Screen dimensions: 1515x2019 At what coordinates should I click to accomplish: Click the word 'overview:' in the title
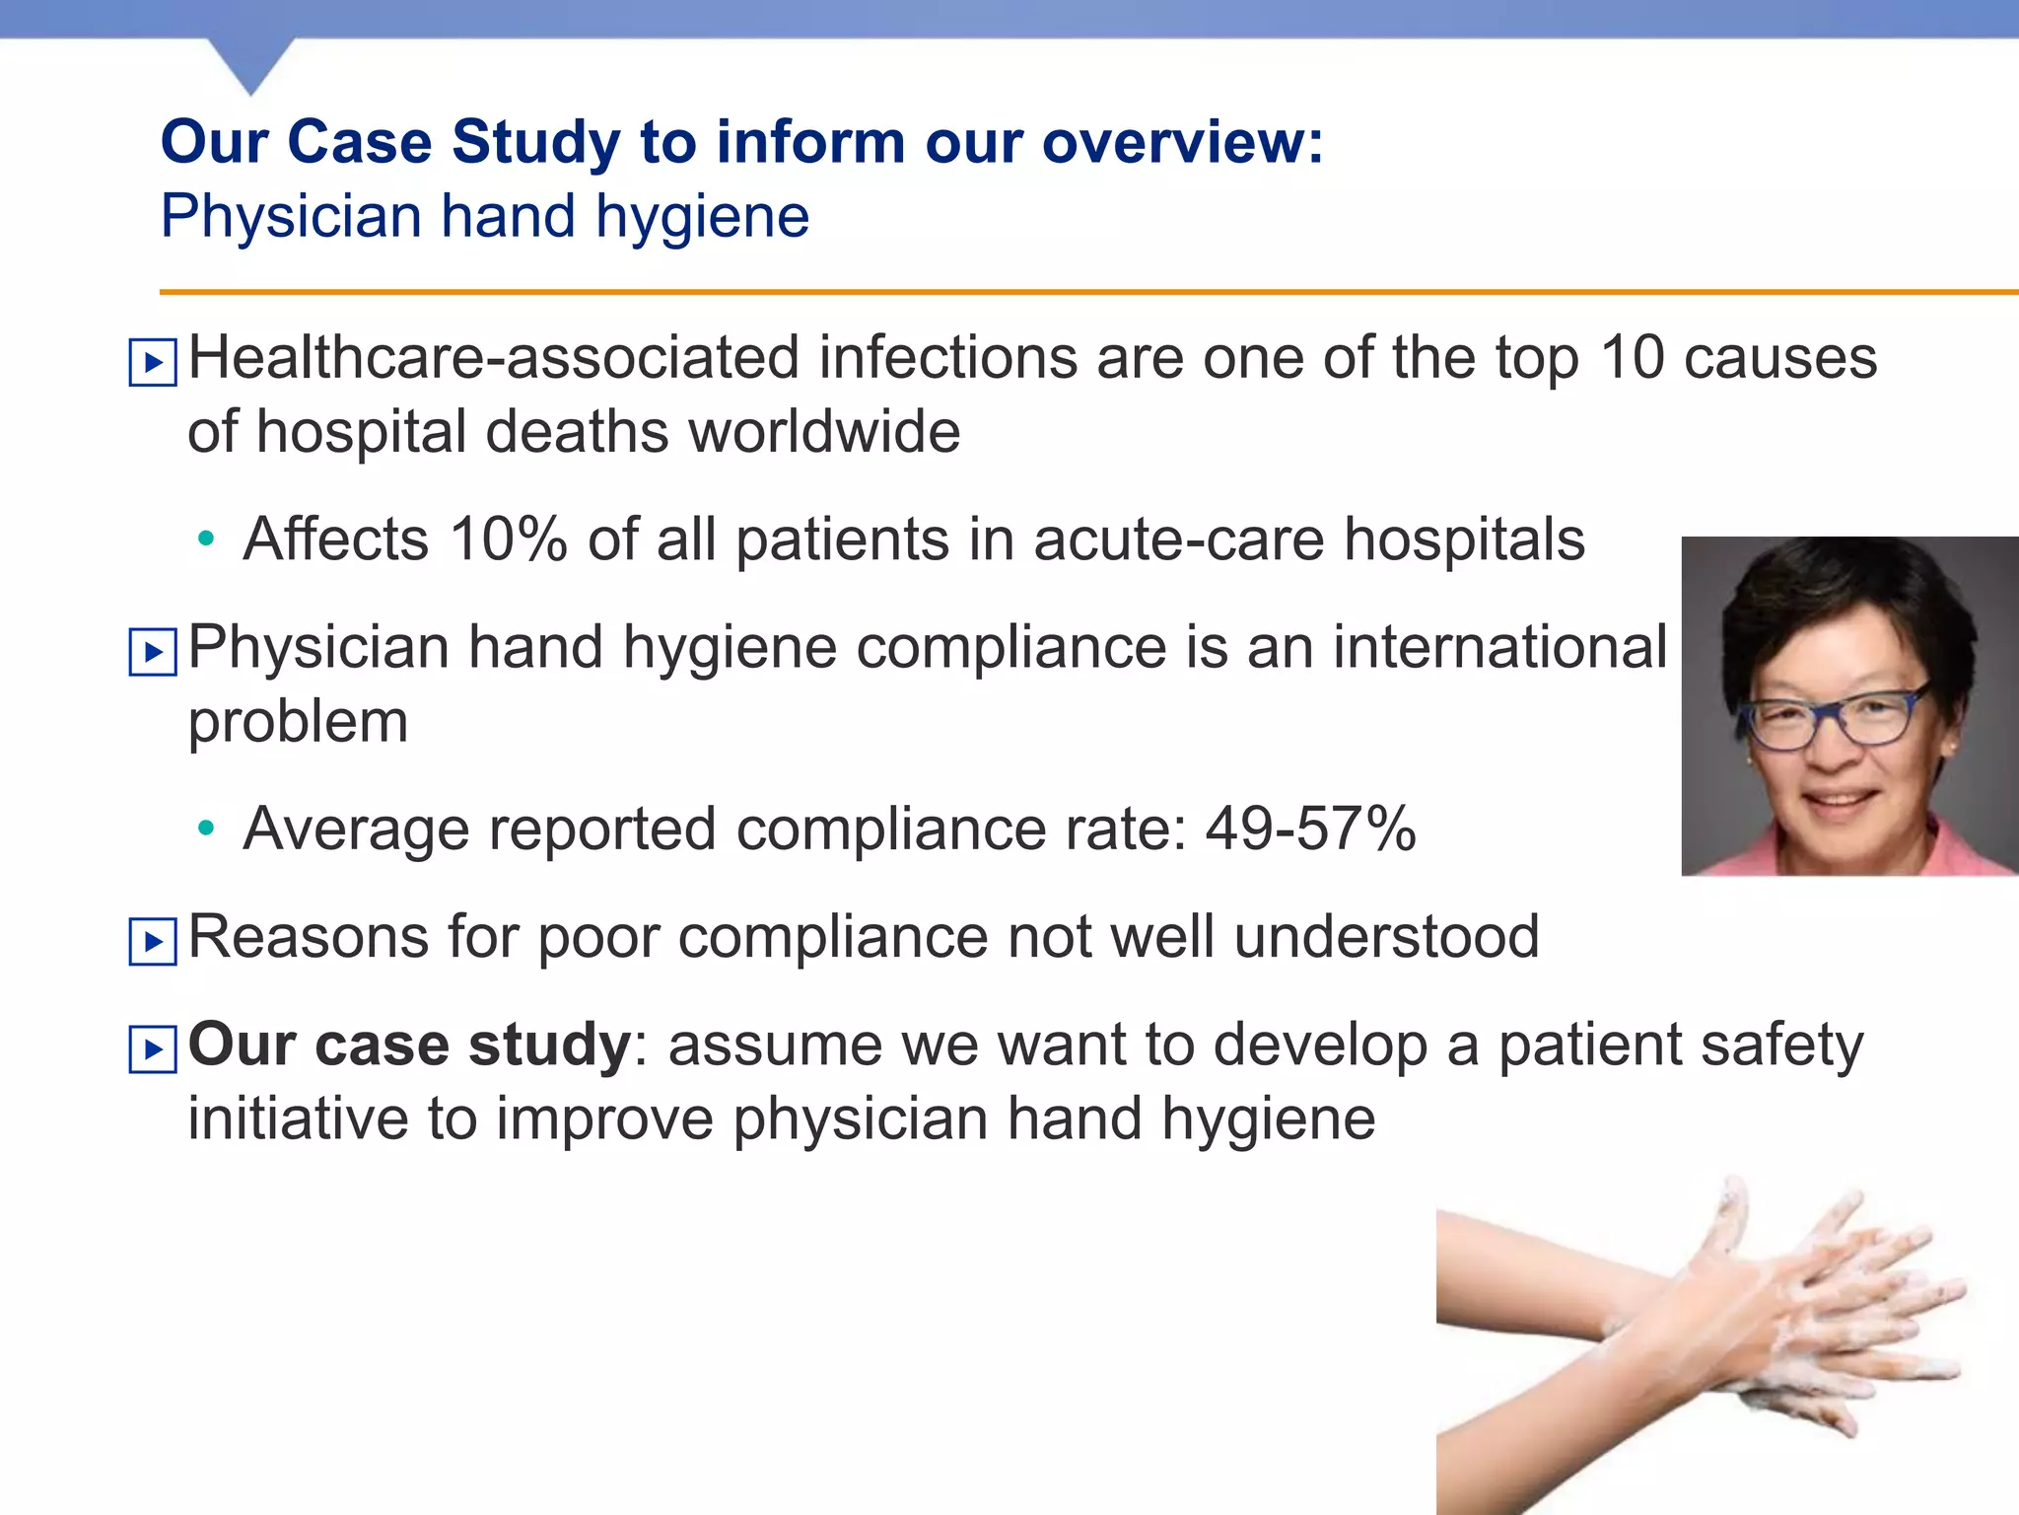pyautogui.click(x=1183, y=143)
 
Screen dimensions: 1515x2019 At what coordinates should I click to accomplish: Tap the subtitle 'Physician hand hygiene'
pyautogui.click(x=485, y=217)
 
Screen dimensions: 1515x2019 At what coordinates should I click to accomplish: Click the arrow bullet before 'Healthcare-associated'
pyautogui.click(x=153, y=363)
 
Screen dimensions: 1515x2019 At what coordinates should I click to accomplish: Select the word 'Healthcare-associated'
pyautogui.click(x=493, y=357)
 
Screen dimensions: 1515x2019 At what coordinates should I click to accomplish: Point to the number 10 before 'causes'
pyautogui.click(x=1632, y=357)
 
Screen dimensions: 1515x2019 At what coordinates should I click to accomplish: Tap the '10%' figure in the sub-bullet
pyautogui.click(x=508, y=540)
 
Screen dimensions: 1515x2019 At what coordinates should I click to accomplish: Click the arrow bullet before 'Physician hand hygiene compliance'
pyautogui.click(x=153, y=652)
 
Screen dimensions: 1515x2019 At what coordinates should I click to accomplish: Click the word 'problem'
pyautogui.click(x=298, y=723)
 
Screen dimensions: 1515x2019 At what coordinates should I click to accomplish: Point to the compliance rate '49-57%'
pyautogui.click(x=1310, y=829)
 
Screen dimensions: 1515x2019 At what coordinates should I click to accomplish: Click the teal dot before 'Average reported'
pyautogui.click(x=205, y=828)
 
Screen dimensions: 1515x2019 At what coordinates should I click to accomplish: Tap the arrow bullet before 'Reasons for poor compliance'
pyautogui.click(x=153, y=941)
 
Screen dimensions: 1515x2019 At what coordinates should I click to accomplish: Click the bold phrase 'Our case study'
pyautogui.click(x=409, y=1045)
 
